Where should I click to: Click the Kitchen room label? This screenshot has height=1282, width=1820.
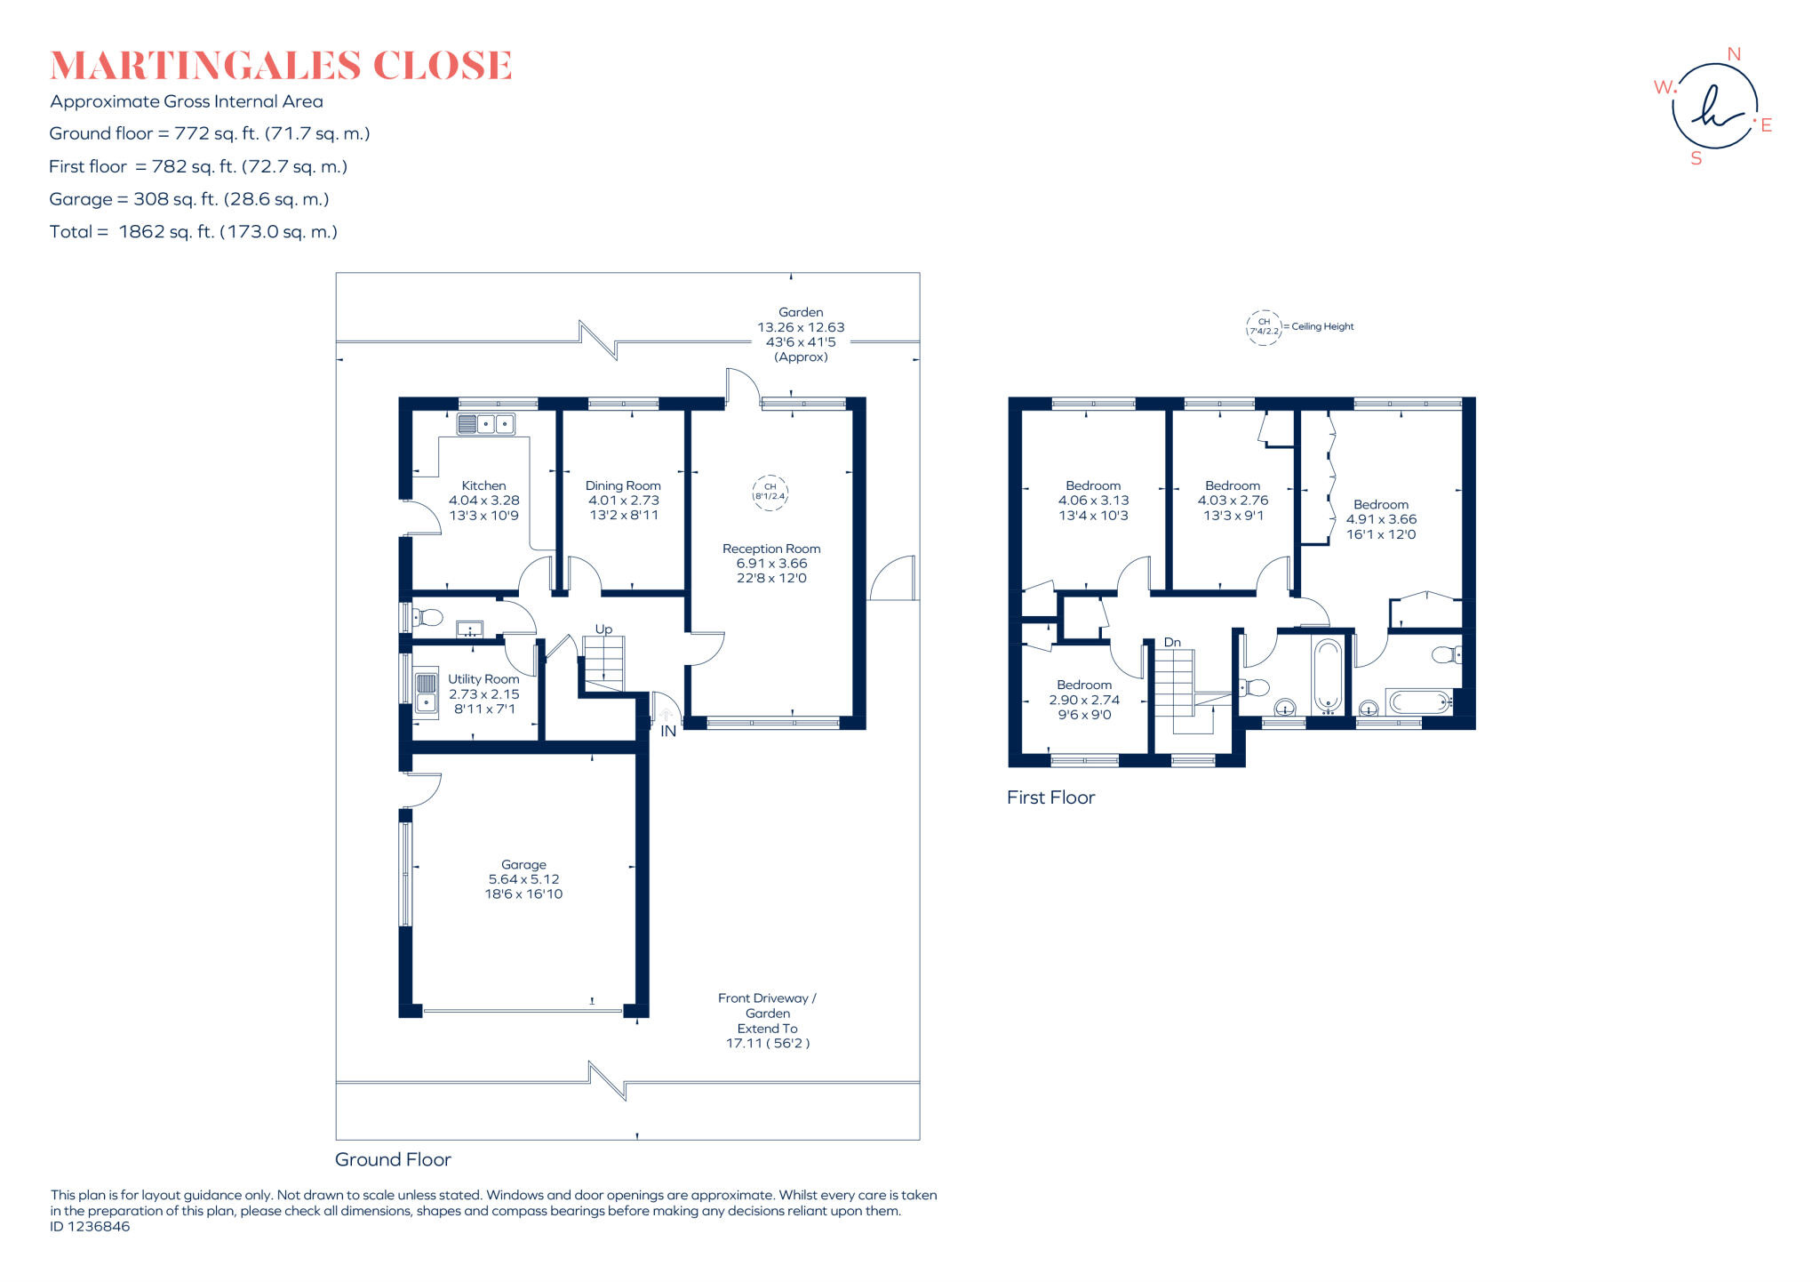pyautogui.click(x=483, y=485)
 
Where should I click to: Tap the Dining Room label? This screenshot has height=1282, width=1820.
pyautogui.click(x=623, y=485)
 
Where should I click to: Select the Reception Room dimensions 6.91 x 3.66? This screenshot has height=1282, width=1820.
pyautogui.click(x=771, y=564)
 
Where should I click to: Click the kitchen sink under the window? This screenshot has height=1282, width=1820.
pyautogui.click(x=485, y=424)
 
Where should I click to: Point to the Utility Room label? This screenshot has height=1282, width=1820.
pyautogui.click(x=483, y=679)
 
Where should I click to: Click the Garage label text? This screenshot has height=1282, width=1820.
pyautogui.click(x=523, y=864)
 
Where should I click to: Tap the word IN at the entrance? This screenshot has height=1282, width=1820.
pyautogui.click(x=668, y=732)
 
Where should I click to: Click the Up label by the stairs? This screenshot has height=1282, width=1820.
pyautogui.click(x=603, y=629)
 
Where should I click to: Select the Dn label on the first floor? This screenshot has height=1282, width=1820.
pyautogui.click(x=1172, y=642)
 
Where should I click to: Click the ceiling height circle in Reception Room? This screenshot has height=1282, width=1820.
pyautogui.click(x=770, y=492)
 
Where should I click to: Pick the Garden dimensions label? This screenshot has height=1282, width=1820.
pyautogui.click(x=801, y=334)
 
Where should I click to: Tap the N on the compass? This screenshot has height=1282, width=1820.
pyautogui.click(x=1733, y=54)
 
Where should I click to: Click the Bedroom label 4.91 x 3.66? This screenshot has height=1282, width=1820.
pyautogui.click(x=1381, y=505)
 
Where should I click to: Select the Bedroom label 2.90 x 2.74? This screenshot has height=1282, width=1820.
pyautogui.click(x=1084, y=685)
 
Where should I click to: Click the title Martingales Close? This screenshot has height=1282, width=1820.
pyautogui.click(x=281, y=66)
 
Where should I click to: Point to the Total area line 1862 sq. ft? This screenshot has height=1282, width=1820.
pyautogui.click(x=194, y=232)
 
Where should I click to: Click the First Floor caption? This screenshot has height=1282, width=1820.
pyautogui.click(x=1050, y=797)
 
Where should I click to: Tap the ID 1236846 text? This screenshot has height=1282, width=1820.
pyautogui.click(x=90, y=1227)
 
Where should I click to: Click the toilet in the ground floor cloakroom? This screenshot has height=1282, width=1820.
pyautogui.click(x=429, y=617)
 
